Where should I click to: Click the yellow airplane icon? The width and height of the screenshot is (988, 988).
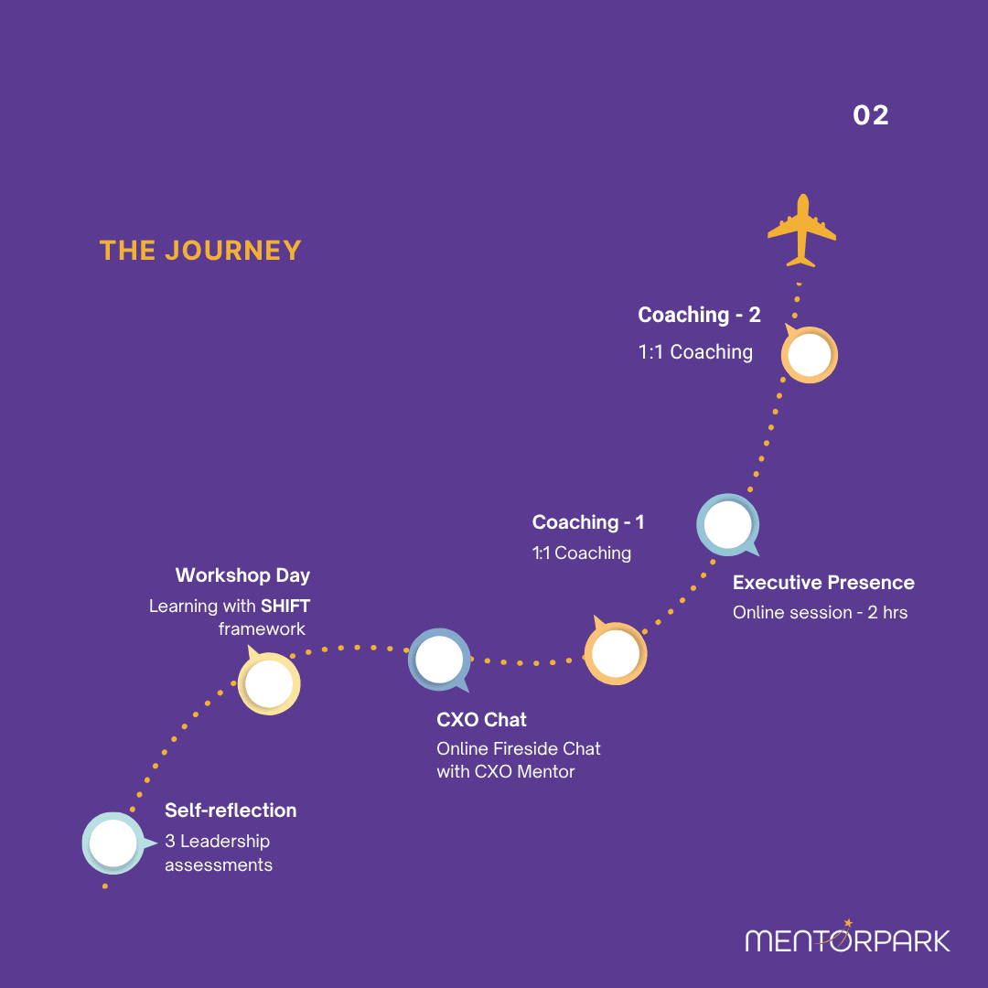coord(801,231)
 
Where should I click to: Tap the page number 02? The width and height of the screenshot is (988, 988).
coord(871,115)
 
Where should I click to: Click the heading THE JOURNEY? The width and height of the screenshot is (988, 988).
coord(200,250)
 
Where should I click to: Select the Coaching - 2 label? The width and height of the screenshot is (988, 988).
coord(699,315)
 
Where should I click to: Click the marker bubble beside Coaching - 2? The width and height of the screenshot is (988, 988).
coord(809,354)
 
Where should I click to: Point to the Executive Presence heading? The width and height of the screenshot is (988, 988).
coord(823,582)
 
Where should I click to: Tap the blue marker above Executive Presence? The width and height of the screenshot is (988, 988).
coord(728,525)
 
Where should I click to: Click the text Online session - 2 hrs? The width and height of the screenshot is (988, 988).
coord(820,612)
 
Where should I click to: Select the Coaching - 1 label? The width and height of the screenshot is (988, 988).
coord(588,521)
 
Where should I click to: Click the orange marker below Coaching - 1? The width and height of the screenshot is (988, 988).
coord(616,653)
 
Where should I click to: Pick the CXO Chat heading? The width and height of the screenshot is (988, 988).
coord(481,720)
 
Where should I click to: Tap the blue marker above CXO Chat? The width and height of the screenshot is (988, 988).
coord(439,660)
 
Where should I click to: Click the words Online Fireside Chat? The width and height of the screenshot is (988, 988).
coord(518,748)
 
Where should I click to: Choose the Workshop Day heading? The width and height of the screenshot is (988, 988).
coord(242,575)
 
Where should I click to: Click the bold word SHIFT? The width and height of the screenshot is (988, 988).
coord(285,607)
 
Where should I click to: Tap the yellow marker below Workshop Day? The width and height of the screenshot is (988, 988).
coord(269,683)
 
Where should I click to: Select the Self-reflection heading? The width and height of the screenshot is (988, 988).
coord(231,811)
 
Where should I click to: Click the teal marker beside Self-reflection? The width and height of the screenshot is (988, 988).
coord(114,843)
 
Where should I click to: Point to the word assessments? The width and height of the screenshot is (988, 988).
coord(219,865)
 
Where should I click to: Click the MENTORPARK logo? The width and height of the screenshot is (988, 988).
coord(847,937)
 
